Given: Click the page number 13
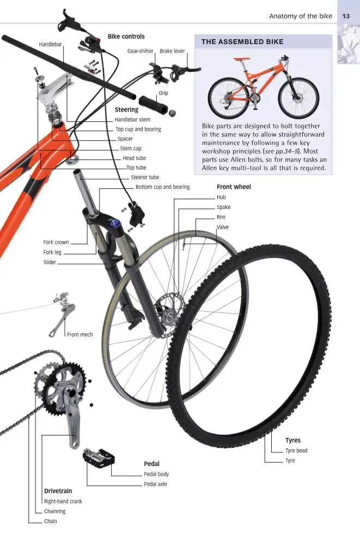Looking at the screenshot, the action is [x=345, y=16].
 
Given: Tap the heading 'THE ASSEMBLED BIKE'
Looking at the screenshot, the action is [x=242, y=42].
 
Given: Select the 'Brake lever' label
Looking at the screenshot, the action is [x=172, y=51].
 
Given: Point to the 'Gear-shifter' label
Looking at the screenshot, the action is [x=140, y=51].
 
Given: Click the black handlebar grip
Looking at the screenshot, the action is [x=153, y=105].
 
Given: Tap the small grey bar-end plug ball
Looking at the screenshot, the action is [x=172, y=113].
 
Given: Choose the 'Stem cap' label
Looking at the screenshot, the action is [x=131, y=149].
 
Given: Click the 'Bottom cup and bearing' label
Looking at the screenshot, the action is [x=163, y=187].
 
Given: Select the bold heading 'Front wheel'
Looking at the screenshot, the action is [x=234, y=187].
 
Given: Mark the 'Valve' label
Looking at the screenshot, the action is [x=223, y=228].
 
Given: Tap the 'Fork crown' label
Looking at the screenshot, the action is [x=56, y=242].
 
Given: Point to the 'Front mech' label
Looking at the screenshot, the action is [x=80, y=334].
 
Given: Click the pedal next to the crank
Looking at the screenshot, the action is [x=99, y=458].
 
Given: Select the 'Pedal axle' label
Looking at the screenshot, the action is [x=155, y=484].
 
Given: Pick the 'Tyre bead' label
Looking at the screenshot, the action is [x=296, y=451].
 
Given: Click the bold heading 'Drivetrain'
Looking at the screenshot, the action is [x=58, y=491].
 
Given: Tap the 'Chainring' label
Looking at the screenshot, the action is [x=55, y=511].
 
